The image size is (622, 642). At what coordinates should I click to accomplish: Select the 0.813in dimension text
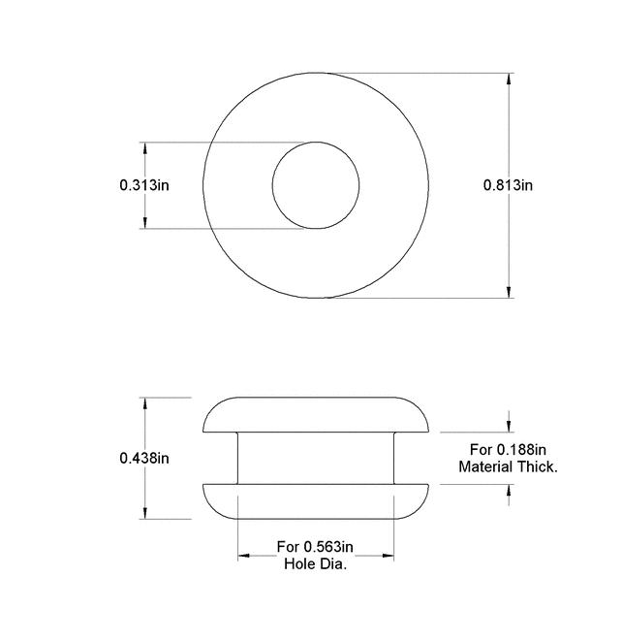(x=509, y=185)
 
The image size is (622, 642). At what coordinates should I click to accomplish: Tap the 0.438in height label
(x=144, y=458)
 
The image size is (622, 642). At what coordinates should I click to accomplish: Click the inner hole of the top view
(x=315, y=185)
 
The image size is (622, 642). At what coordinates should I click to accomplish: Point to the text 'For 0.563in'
(x=315, y=546)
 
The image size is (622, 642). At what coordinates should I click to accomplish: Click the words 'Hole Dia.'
(x=315, y=564)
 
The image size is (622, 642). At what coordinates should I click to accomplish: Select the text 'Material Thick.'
(x=508, y=467)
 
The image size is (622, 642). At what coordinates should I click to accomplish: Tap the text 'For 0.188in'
(x=509, y=449)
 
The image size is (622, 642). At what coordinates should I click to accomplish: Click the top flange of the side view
(x=315, y=414)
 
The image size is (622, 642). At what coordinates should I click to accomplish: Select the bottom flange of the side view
(x=315, y=501)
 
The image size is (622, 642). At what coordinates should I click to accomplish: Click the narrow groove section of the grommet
(x=315, y=457)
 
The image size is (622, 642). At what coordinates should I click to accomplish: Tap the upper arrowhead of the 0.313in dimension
(x=144, y=149)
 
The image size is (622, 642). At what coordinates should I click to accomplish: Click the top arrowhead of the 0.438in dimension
(x=144, y=403)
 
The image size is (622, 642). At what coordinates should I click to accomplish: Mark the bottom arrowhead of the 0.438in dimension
(x=144, y=513)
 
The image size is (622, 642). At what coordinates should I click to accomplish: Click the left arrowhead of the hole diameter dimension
(x=245, y=556)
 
